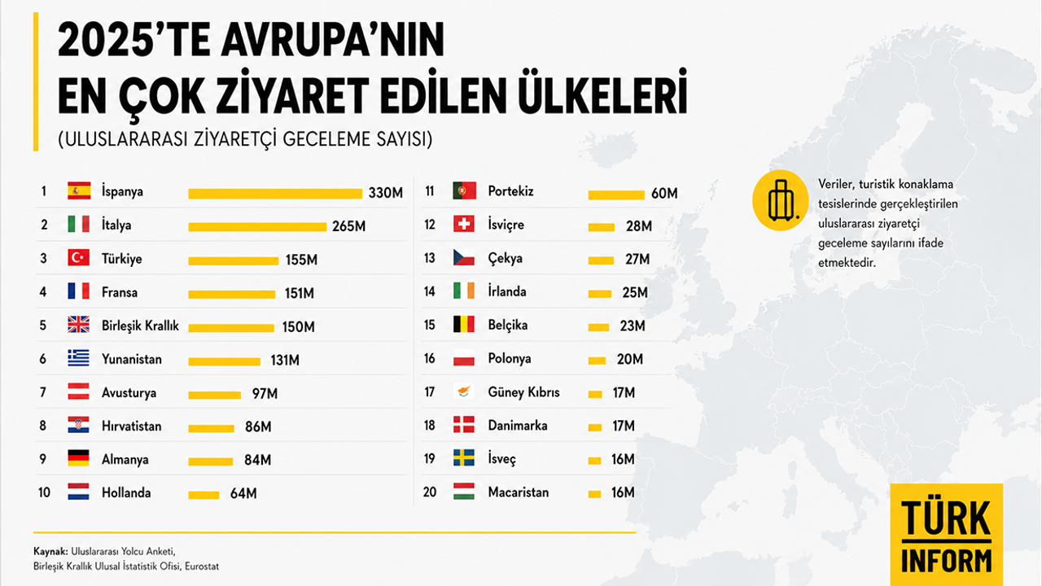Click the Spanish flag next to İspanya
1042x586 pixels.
tap(79, 190)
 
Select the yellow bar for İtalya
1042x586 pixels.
tap(257, 227)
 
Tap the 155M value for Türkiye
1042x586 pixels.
tap(301, 260)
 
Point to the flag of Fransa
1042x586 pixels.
tap(79, 291)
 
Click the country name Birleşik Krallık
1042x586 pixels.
tap(140, 326)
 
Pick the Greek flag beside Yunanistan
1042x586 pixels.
tap(79, 358)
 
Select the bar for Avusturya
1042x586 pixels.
tap(214, 396)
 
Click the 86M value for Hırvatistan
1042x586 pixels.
tap(258, 426)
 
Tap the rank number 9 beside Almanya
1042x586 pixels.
tap(43, 459)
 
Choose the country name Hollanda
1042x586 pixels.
tap(126, 492)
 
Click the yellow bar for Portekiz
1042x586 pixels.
tap(616, 195)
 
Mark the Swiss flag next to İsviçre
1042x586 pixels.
tap(464, 224)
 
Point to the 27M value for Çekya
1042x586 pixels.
tap(637, 259)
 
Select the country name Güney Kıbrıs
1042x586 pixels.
tap(523, 392)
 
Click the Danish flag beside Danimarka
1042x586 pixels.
tap(464, 425)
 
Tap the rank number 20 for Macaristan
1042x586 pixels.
tap(430, 492)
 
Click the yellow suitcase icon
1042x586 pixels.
tap(781, 200)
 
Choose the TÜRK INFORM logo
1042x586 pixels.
tap(947, 535)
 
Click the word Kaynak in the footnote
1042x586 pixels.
tap(50, 552)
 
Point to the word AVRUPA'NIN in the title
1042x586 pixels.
tap(333, 40)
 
